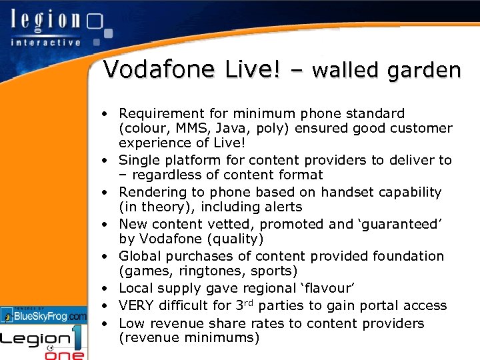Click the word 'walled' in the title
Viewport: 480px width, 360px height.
click(x=347, y=69)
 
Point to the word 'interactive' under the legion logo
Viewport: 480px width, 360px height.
click(x=45, y=42)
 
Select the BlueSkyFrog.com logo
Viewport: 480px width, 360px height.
click(x=44, y=315)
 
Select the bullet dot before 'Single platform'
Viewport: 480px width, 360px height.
click(x=107, y=161)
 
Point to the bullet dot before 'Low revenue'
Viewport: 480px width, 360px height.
click(x=107, y=324)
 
